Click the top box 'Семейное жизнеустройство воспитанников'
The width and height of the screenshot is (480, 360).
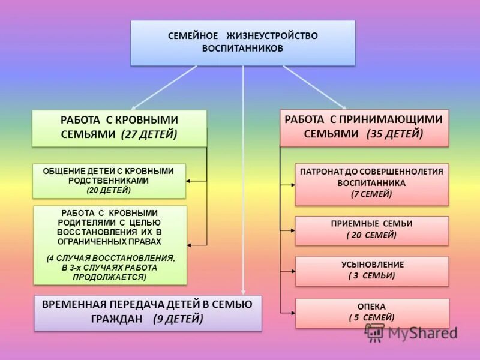point(243,43)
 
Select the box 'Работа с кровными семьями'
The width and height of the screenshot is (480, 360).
point(119,127)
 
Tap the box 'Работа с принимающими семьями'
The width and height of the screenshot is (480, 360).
point(364,127)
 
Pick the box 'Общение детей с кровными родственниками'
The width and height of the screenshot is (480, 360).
point(109,181)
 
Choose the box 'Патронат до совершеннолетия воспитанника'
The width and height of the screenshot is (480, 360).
point(371,184)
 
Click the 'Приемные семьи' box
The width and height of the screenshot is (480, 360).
point(371,230)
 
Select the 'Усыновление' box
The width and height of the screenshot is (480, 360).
point(371,271)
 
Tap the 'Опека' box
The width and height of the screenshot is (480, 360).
point(371,313)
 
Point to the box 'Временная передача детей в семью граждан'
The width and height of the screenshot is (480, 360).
point(148,312)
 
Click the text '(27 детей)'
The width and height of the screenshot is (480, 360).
point(149,134)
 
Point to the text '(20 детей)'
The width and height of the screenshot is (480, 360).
point(109,190)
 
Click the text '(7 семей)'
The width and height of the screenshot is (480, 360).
point(371,194)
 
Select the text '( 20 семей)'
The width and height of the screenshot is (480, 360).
point(371,235)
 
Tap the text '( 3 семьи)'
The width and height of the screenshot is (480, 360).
point(371,276)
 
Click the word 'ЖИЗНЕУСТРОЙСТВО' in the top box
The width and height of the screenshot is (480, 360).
point(272,36)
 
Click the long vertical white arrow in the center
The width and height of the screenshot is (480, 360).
point(243,180)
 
